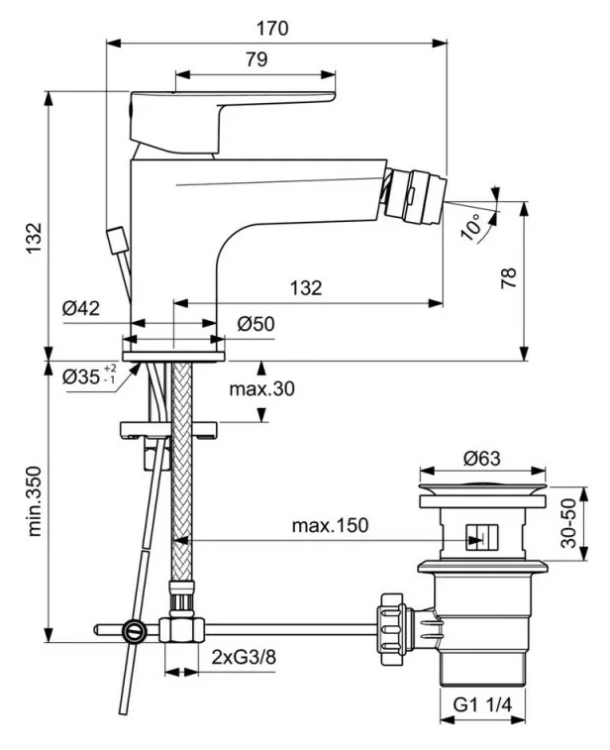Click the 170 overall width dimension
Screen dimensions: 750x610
pyautogui.click(x=276, y=28)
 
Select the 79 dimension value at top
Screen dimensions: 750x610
pyautogui.click(x=254, y=59)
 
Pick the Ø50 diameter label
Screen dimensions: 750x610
pyautogui.click(x=255, y=323)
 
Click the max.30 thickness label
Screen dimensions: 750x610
pyautogui.click(x=262, y=388)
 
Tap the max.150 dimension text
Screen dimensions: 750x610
pyautogui.click(x=329, y=525)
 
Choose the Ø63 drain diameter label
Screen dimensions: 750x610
pyautogui.click(x=481, y=459)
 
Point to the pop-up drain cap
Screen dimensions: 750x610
pyautogui.click(x=482, y=488)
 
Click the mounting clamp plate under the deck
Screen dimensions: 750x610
pyautogui.click(x=169, y=430)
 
